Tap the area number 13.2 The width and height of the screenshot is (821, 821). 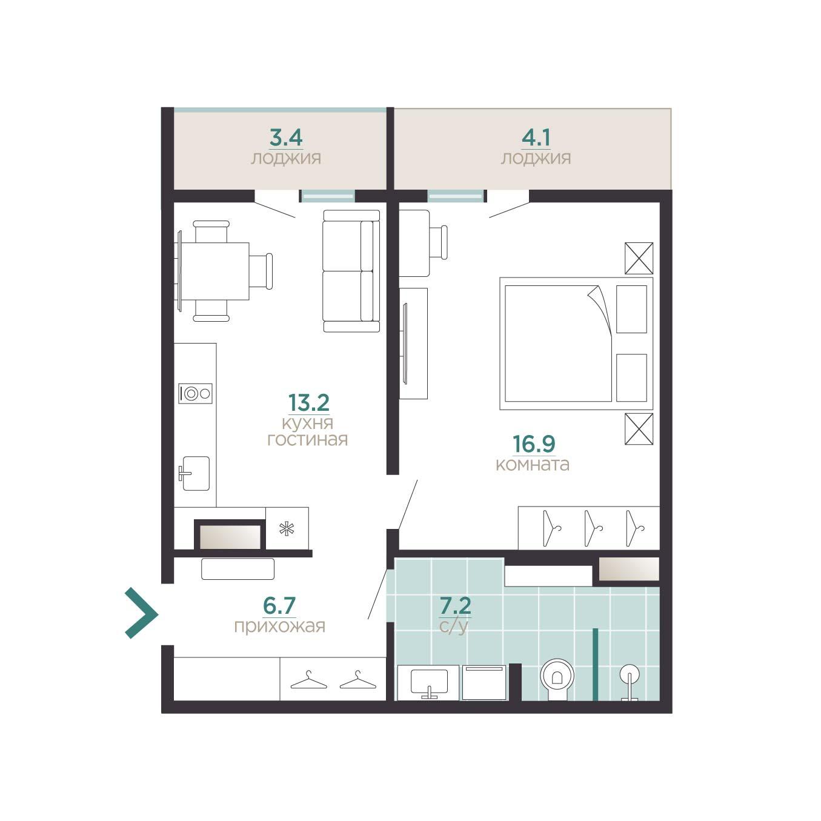pyautogui.click(x=308, y=402)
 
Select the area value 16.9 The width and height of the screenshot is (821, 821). pyautogui.click(x=534, y=444)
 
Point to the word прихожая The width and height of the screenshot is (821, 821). pyautogui.click(x=279, y=626)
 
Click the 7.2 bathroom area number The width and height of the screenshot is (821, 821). pyautogui.click(x=455, y=605)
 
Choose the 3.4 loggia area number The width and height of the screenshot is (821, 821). pyautogui.click(x=286, y=138)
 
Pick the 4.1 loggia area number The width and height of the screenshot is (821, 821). pyautogui.click(x=536, y=138)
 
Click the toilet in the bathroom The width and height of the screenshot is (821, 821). pyautogui.click(x=557, y=679)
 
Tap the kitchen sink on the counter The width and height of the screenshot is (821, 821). pyautogui.click(x=194, y=473)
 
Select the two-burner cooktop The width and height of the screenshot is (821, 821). pyautogui.click(x=195, y=394)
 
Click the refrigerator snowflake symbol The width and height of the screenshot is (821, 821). pyautogui.click(x=287, y=529)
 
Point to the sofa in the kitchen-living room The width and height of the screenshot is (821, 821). pyautogui.click(x=351, y=271)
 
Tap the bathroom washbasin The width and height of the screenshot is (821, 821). pyautogui.click(x=428, y=682)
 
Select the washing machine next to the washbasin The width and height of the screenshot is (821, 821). pyautogui.click(x=484, y=682)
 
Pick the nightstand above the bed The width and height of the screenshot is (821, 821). pyautogui.click(x=639, y=258)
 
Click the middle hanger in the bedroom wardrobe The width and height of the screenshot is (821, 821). pyautogui.click(x=593, y=528)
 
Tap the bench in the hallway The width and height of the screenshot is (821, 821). pyautogui.click(x=238, y=569)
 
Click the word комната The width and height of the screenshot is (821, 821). pyautogui.click(x=533, y=464)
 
